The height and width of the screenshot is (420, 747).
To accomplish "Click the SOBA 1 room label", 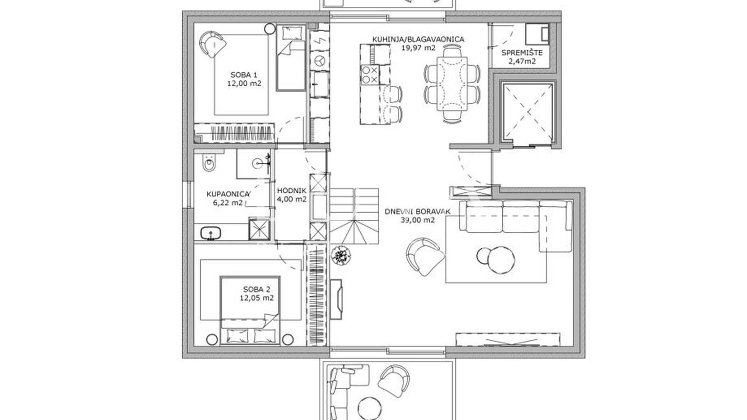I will click(x=244, y=75).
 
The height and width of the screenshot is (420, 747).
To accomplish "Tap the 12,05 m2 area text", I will click(x=257, y=298).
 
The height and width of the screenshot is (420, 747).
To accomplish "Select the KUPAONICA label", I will click(x=228, y=194).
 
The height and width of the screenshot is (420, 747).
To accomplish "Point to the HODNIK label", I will click(x=291, y=190).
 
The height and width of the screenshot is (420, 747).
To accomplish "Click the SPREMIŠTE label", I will click(x=521, y=53).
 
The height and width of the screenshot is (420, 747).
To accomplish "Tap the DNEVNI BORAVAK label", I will click(x=417, y=211).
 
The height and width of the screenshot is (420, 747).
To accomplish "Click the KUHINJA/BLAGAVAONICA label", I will click(x=418, y=39).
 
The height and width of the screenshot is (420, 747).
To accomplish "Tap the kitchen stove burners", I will click(x=370, y=75).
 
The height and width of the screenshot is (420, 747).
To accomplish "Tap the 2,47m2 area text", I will click(x=521, y=61).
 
